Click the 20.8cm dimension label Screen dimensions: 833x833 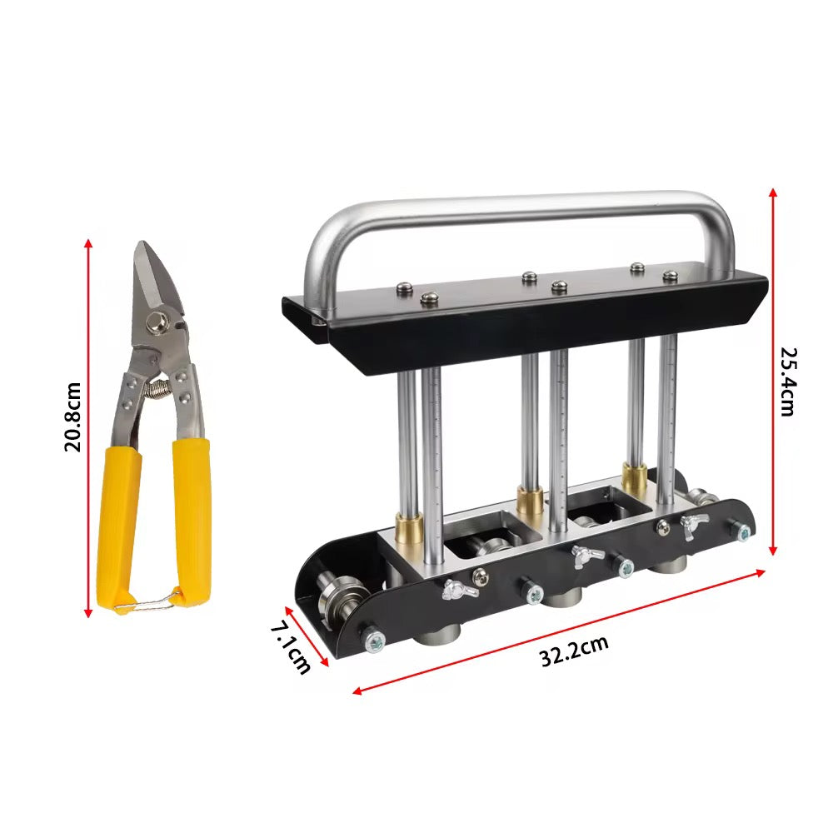click(73, 416)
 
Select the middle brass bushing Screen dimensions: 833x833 click(530, 501)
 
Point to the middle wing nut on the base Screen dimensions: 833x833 click(586, 554)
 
